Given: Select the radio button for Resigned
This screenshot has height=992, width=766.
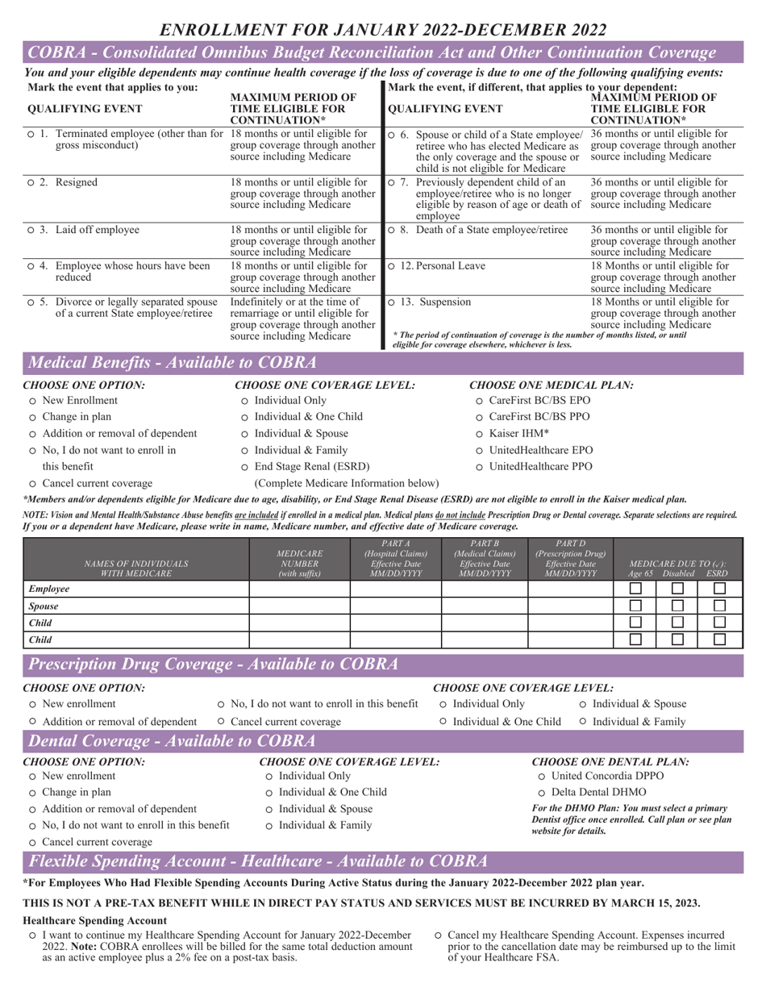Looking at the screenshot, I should coord(31,183).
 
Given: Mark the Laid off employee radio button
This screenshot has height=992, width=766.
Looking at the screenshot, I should coord(31,231).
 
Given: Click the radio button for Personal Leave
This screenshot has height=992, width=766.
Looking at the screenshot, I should coord(392,266).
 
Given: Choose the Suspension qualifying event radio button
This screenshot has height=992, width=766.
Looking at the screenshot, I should coord(392,302).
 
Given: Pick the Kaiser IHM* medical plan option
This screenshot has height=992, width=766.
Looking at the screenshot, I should coord(480,434).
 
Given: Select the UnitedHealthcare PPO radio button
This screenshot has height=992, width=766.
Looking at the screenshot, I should coord(480,467).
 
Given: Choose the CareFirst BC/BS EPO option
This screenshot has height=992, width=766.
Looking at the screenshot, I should coord(480,401).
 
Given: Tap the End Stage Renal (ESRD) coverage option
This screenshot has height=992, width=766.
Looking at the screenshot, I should coord(245,467).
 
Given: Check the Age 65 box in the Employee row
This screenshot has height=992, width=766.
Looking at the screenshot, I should coord(635,590).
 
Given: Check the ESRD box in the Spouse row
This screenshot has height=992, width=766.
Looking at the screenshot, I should coord(719,606).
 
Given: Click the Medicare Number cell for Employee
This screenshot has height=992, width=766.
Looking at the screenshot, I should coord(299,590).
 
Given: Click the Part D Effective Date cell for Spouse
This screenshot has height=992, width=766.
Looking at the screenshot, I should coord(570,606).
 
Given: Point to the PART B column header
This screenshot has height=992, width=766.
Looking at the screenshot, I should coord(484,558).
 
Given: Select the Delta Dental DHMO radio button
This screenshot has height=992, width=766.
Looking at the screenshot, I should coord(542,793).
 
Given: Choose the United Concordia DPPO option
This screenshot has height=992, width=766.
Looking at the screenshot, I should coord(542,776).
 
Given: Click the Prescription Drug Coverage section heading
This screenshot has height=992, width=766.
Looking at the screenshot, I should coord(214,665).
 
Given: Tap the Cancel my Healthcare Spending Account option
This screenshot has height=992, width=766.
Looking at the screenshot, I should coord(438,936).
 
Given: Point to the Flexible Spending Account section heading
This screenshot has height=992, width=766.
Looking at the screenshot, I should coord(258,861).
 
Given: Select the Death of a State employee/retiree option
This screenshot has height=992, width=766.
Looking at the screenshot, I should coord(392,231).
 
